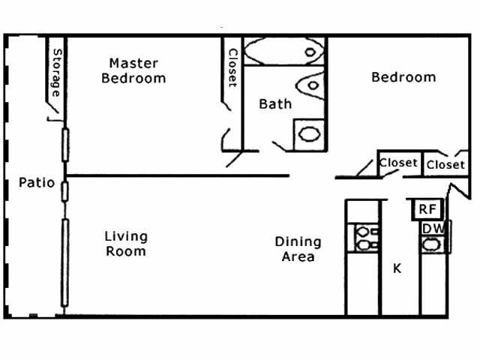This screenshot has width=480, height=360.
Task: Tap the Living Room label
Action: point(126,244)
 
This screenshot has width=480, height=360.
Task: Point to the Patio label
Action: point(37,182)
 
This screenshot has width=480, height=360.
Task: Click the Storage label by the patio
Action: point(56,73)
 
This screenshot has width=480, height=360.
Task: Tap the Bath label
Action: point(275,104)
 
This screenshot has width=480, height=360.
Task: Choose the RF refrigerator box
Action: point(427,208)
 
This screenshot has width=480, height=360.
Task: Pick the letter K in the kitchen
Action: point(397,268)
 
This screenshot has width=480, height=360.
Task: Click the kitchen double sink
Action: point(365,238)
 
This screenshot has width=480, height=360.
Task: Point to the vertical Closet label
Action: point(232,67)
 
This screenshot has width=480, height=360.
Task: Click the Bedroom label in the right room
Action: point(403,77)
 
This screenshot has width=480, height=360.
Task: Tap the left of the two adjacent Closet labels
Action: point(397,163)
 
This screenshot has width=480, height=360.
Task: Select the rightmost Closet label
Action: point(445,164)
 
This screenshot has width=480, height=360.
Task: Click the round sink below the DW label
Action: point(431,244)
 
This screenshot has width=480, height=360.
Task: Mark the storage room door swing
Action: point(52,113)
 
